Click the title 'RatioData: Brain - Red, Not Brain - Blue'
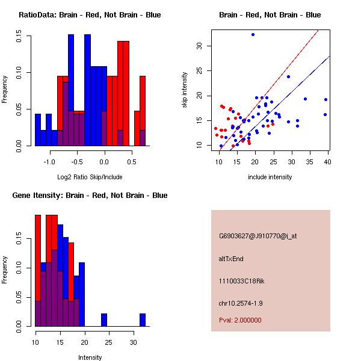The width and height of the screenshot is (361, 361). (90, 15)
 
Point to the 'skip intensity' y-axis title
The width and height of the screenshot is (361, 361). (185, 90)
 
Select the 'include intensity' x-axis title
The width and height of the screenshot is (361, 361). (270, 177)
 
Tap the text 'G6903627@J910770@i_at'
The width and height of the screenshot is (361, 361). (258, 236)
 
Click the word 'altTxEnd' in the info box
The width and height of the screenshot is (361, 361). (231, 259)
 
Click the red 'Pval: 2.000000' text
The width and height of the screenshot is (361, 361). (240, 320)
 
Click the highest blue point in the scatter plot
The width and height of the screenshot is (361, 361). (253, 35)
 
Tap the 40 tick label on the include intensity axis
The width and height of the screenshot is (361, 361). (328, 162)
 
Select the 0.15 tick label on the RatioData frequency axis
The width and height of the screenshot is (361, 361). (20, 37)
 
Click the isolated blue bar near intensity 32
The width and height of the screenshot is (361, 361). (143, 319)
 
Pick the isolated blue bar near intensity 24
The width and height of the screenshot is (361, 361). (104, 319)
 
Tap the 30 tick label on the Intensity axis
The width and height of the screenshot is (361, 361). (134, 342)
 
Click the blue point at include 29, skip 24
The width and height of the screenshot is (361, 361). (288, 76)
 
